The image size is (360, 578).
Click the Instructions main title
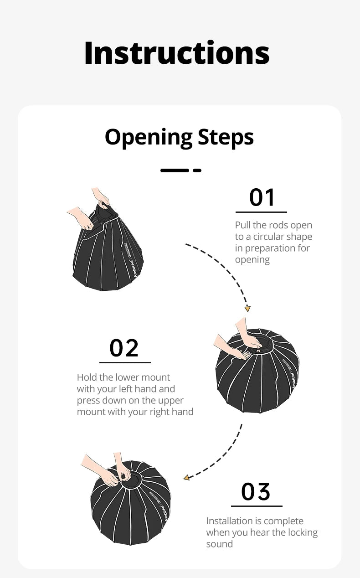[x=177, y=53]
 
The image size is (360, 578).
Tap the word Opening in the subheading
[x=149, y=138]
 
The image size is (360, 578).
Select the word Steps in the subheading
[x=226, y=137]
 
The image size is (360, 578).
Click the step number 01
[x=262, y=197]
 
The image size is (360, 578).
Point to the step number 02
[x=124, y=348]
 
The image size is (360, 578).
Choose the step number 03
[x=256, y=491]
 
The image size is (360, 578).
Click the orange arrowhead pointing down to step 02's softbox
[x=247, y=309]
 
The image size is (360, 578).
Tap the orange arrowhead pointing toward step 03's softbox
[x=186, y=478]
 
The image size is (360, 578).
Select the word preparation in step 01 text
[x=271, y=248]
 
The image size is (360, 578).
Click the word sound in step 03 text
[x=220, y=544]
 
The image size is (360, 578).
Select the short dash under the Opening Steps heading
[x=197, y=170]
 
